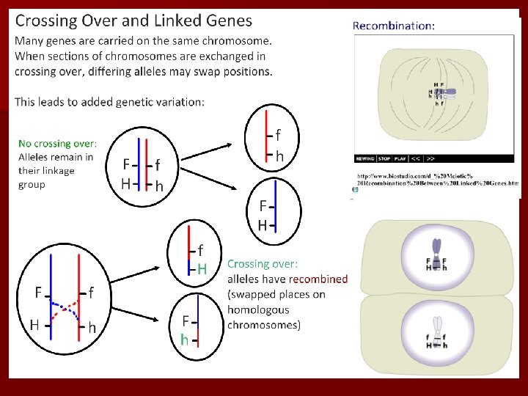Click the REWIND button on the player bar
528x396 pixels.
click(364, 158)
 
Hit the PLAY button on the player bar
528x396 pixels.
click(400, 158)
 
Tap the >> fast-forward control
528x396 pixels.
click(430, 158)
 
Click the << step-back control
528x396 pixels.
click(416, 158)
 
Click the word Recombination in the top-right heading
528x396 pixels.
click(392, 26)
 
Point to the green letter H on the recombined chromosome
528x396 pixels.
click(202, 269)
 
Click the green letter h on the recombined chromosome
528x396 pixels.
click(185, 340)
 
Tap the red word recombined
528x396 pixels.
click(318, 279)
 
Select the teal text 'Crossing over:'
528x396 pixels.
click(263, 263)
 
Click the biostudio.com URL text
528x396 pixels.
click(437, 180)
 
